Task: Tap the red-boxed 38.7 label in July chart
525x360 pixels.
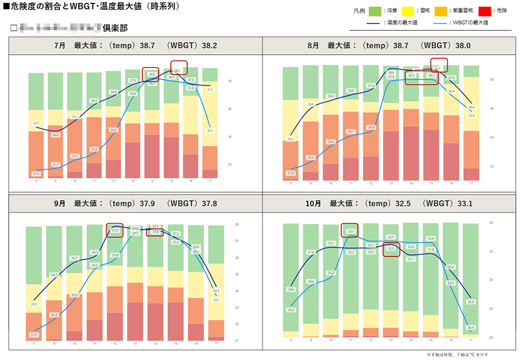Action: pyautogui.click(x=178, y=71)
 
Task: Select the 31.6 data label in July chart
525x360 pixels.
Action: pyautogui.click(x=36, y=174)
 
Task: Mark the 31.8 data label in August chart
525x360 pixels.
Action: pyautogui.click(x=291, y=173)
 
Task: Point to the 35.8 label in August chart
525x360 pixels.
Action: pyautogui.click(x=471, y=116)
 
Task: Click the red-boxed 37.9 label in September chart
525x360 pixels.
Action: pyautogui.click(x=114, y=230)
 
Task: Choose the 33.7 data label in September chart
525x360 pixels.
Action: pyautogui.click(x=216, y=300)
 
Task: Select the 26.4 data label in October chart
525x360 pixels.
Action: pyautogui.click(x=471, y=328)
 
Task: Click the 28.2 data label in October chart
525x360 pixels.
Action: pyautogui.click(x=291, y=309)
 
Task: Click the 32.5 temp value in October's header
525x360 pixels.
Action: pyautogui.click(x=400, y=204)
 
